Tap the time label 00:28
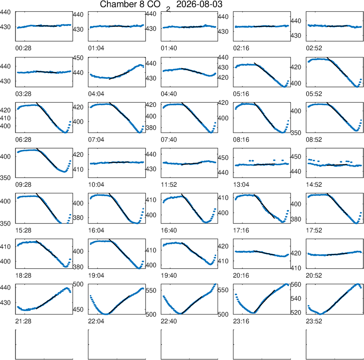point(23,48)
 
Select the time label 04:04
point(96,94)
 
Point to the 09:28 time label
point(23,185)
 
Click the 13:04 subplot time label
point(241,185)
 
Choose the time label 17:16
point(241,230)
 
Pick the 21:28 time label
point(23,321)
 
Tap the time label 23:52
point(314,321)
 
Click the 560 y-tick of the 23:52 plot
point(296,285)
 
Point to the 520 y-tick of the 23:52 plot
point(296,313)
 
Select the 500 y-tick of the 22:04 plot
point(78,284)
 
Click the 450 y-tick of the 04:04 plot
point(78,58)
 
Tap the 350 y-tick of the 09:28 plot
point(5,178)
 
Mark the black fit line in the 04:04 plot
point(119,75)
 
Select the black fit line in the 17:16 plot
point(264,206)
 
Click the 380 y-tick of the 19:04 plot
point(78,267)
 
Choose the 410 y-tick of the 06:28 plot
point(5,118)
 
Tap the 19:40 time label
point(169,276)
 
